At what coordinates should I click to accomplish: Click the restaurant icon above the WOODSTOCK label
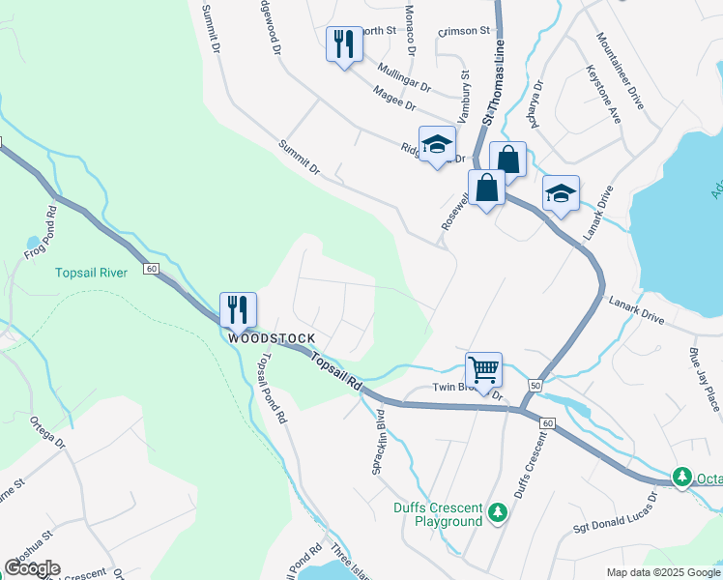point(238,309)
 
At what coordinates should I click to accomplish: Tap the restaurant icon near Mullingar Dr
point(344,43)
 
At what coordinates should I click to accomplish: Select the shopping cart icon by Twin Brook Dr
point(483,369)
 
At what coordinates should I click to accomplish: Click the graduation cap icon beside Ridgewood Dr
point(437,144)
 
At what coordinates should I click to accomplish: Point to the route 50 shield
point(535,386)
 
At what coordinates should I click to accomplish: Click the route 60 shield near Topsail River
point(152,268)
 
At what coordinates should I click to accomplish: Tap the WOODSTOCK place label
point(272,337)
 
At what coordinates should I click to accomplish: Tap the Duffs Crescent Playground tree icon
point(498,509)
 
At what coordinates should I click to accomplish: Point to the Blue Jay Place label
point(704,379)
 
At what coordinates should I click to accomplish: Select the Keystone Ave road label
point(604,93)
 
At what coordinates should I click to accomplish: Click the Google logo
point(32,567)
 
